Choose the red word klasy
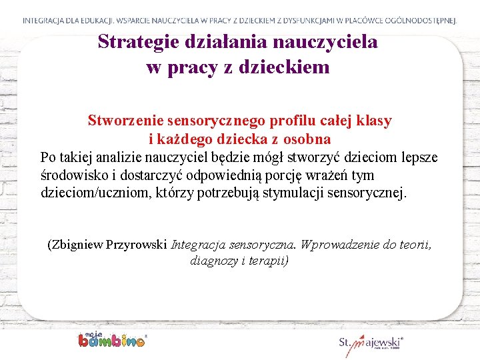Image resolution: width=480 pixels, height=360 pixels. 374,121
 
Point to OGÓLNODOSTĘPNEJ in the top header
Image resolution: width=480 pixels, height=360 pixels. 415,21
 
